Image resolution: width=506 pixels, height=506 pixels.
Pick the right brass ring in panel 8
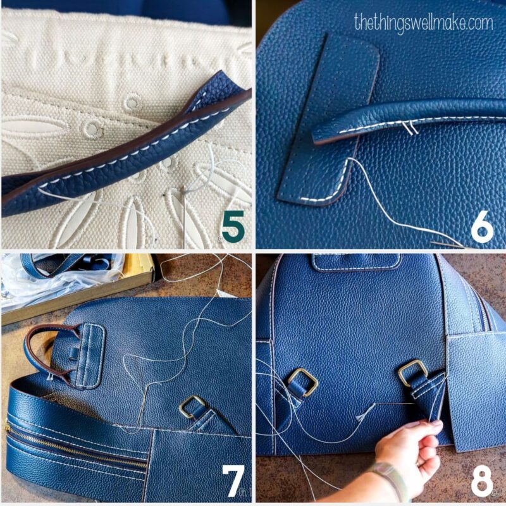point(412,372)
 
